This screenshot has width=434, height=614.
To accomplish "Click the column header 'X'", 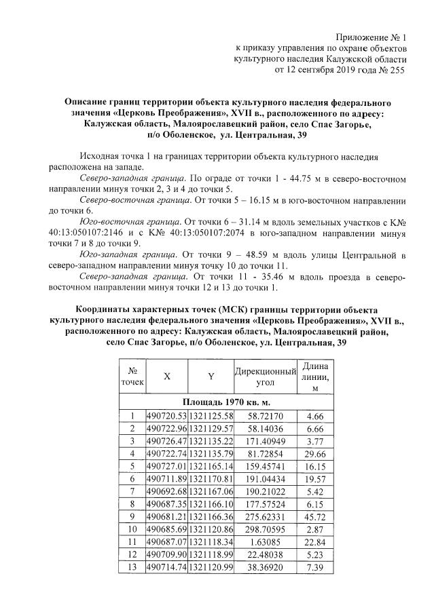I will tap(166, 376).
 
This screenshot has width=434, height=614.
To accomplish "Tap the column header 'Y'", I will tap(211, 376).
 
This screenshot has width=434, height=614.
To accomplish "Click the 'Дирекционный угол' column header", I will tap(266, 377).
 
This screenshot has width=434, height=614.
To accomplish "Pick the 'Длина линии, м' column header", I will tap(314, 376).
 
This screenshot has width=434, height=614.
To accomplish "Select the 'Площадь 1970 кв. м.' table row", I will tap(225, 402).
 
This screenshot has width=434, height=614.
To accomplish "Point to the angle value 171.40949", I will tap(266, 441).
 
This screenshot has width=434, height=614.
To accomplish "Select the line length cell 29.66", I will tap(314, 455).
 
